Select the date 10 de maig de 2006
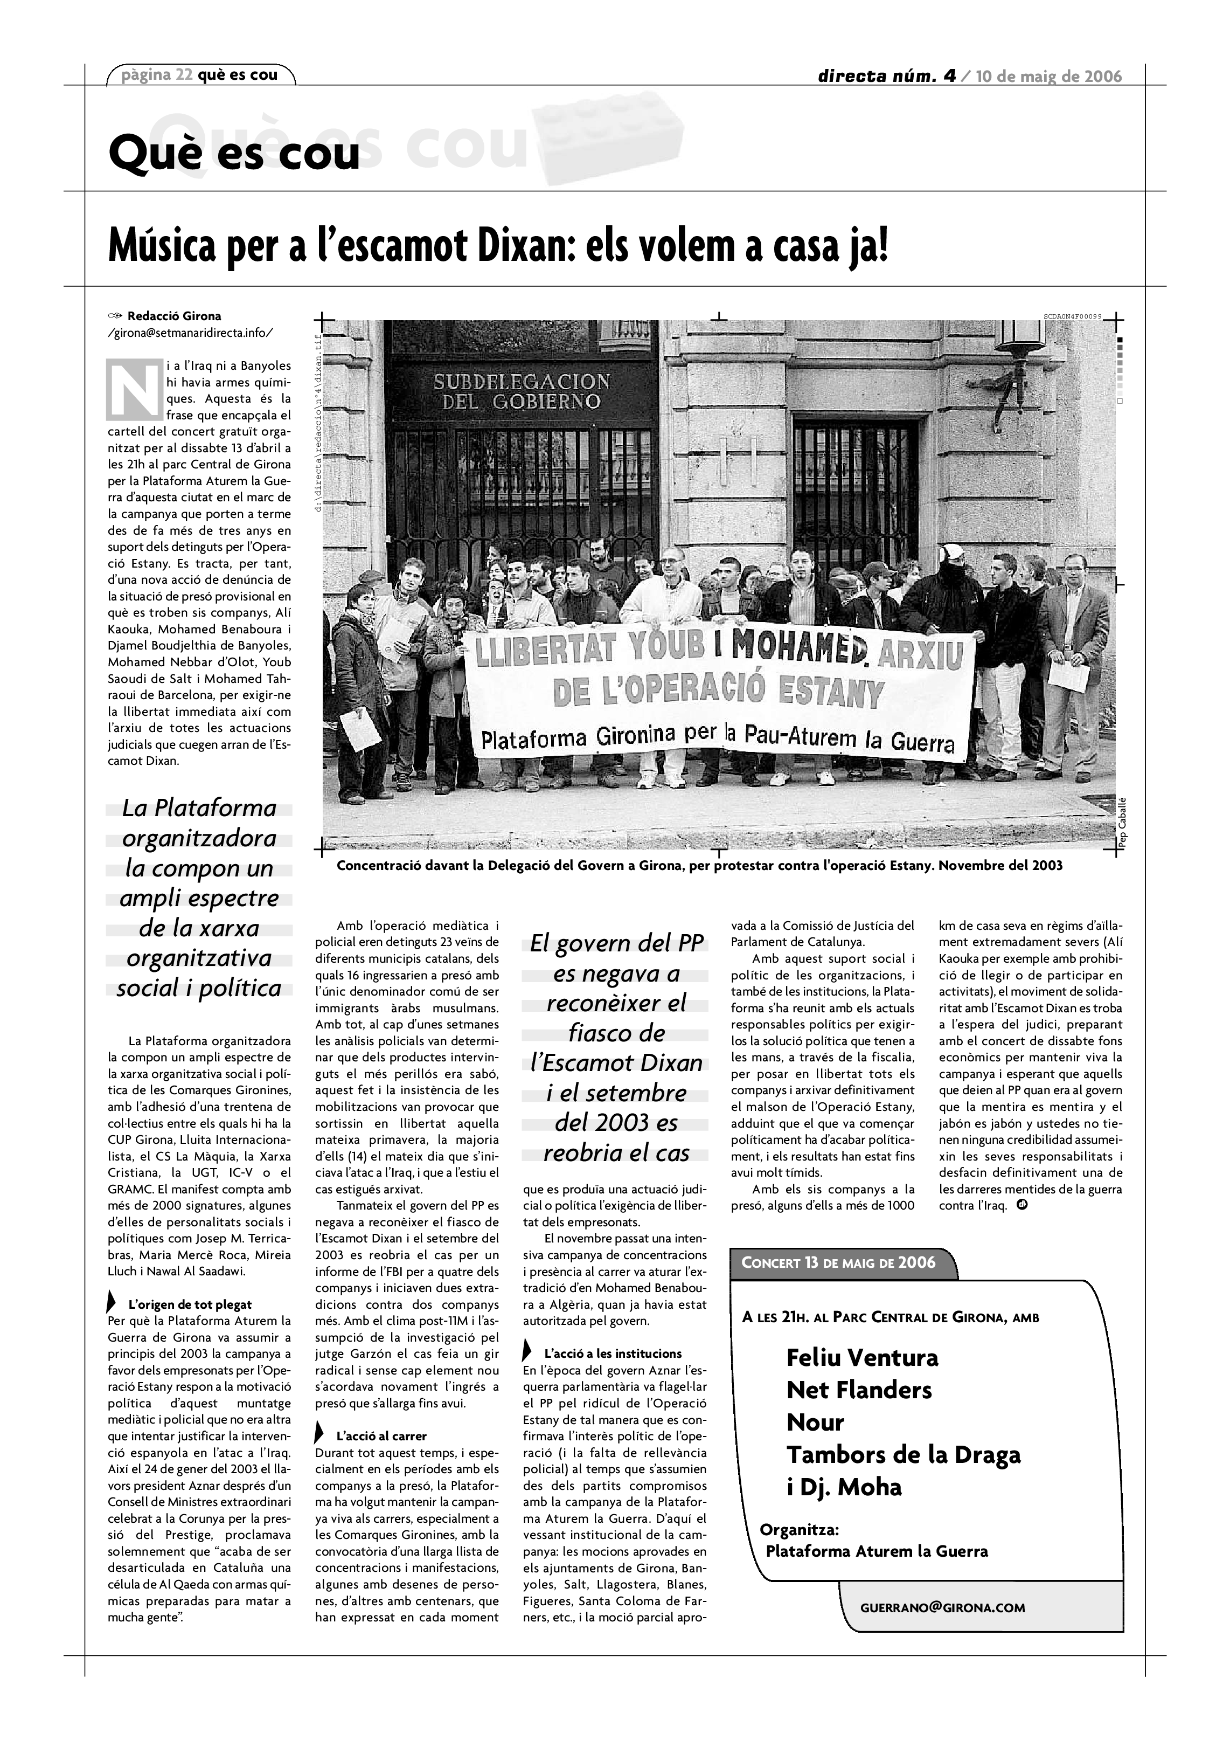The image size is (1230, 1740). tap(1049, 77)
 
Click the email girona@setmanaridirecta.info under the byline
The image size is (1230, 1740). tap(190, 333)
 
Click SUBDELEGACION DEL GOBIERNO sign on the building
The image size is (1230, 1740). tap(521, 390)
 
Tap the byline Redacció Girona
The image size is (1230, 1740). tap(174, 316)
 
